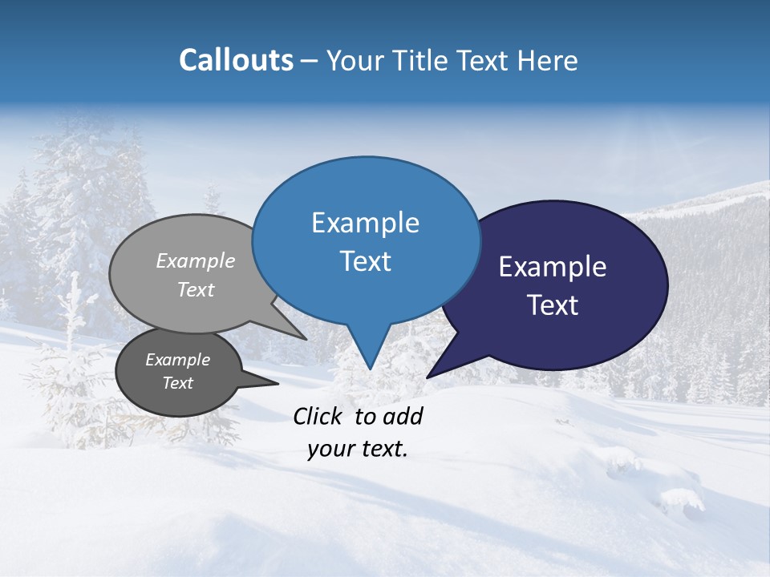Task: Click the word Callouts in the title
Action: [x=236, y=60]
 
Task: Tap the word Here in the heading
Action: [x=548, y=61]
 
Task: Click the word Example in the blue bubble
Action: [x=365, y=223]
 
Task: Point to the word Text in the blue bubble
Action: [x=365, y=261]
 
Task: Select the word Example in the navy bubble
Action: [x=552, y=267]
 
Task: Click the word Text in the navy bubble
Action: [x=553, y=305]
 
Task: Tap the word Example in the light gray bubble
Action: [x=196, y=260]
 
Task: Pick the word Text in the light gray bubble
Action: [x=196, y=289]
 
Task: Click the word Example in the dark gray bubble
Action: [x=178, y=360]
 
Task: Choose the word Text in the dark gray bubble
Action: [x=178, y=383]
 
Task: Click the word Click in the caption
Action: [x=318, y=416]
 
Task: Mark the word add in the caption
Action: [x=403, y=416]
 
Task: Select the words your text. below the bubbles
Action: [x=358, y=449]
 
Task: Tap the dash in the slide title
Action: [x=310, y=61]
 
